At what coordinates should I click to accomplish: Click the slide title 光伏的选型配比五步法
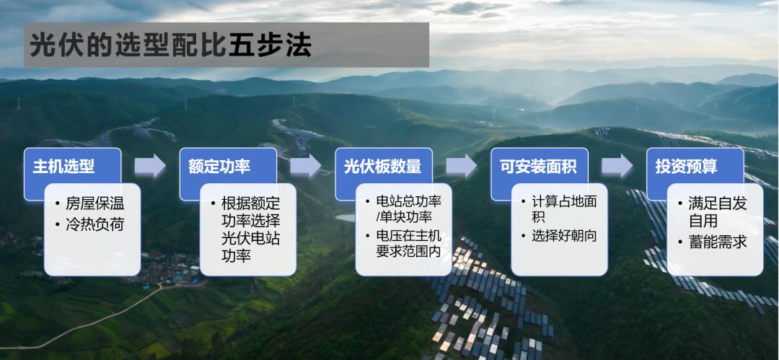tap(170, 45)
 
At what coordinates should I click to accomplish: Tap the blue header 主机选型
tap(63, 167)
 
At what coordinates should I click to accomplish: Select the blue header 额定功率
tap(219, 167)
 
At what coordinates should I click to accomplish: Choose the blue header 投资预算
tap(686, 167)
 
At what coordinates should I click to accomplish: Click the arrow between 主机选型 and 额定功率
tap(150, 166)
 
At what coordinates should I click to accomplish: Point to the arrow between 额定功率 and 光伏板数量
tap(306, 166)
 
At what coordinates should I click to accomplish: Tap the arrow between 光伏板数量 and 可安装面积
tap(462, 166)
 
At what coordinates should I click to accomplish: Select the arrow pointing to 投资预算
tap(617, 166)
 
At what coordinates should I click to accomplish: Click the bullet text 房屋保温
tap(95, 204)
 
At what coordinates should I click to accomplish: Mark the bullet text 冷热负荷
tap(95, 225)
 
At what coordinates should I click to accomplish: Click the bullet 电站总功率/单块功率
tap(408, 209)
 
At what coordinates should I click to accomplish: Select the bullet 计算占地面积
tap(564, 209)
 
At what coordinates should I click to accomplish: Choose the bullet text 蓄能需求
tap(718, 242)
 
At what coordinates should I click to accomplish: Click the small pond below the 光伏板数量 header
tap(346, 218)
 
